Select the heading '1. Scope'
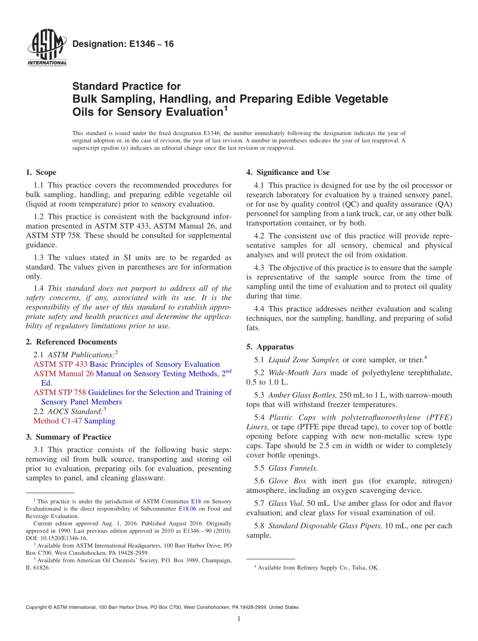(41, 172)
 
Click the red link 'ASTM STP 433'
(60, 364)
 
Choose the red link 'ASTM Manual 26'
(63, 374)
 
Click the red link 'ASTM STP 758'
(60, 392)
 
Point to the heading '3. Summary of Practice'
(68, 437)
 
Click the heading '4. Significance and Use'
(288, 172)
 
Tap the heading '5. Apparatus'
(270, 347)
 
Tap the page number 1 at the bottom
(239, 619)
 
